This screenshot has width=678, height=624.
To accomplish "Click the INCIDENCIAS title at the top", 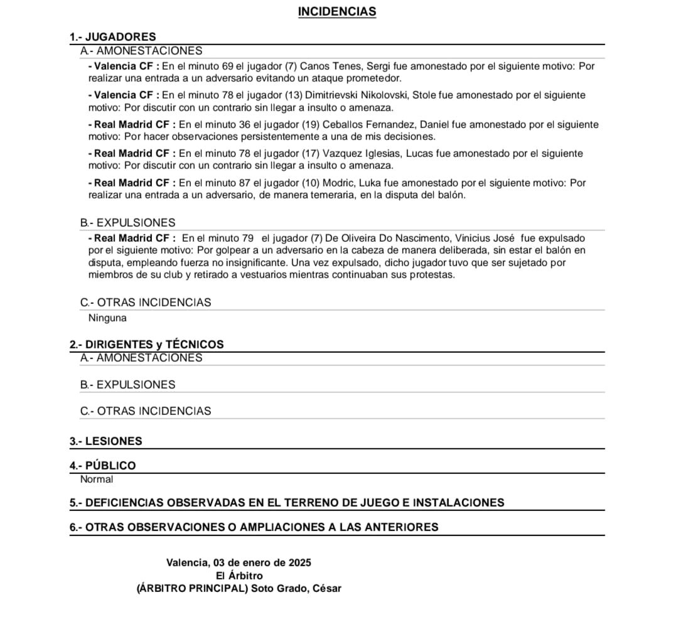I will pos(337,12).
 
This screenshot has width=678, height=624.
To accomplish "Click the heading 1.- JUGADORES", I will pos(112,37).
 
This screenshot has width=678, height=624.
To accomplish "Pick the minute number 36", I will pos(245,124).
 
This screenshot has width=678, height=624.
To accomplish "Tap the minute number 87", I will pos(245,183).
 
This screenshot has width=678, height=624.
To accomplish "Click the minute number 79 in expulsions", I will pos(247,238).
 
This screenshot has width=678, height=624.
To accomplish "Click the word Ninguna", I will pos(107,318).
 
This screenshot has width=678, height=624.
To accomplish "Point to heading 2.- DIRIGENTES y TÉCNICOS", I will pos(146,344).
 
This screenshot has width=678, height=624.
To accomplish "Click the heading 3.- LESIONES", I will pos(105,441).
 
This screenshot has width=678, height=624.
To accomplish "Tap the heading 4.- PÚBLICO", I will pos(102,466).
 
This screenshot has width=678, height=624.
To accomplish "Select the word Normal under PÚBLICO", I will pos(97,480).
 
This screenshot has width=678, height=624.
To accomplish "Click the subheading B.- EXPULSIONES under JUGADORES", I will pos(128,223).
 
